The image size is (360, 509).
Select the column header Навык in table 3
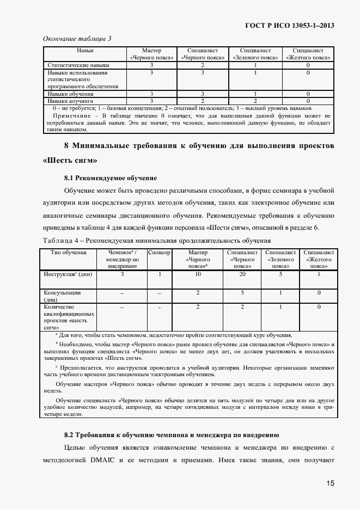[x=85, y=50]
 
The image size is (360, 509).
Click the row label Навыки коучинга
[x=70, y=101]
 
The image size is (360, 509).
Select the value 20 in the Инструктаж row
[x=242, y=274]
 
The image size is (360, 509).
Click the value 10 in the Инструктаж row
[x=198, y=274]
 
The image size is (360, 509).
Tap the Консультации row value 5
[x=242, y=293]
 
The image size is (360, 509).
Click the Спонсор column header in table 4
[x=159, y=253]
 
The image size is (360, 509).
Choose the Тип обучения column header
[x=68, y=253]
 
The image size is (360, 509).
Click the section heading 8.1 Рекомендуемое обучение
[x=110, y=178]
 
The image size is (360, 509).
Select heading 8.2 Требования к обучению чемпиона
[x=171, y=435]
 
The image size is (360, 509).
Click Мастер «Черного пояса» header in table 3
[x=151, y=53]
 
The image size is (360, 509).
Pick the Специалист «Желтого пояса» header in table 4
[x=319, y=260]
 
